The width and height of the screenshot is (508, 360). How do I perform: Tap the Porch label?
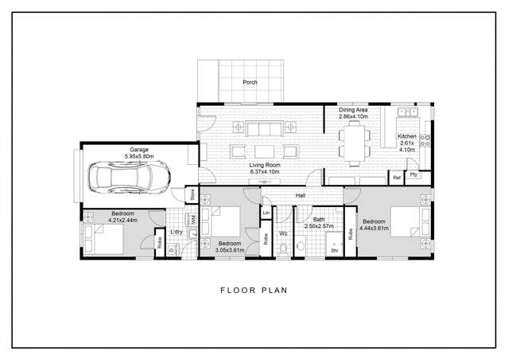(250, 82)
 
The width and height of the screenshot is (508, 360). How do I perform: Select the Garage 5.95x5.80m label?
(141, 152)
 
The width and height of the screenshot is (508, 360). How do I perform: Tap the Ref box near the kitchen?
(396, 178)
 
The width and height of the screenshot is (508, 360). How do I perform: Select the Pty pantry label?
(413, 175)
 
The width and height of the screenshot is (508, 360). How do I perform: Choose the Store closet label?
(192, 194)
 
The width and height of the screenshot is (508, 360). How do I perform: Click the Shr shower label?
(335, 249)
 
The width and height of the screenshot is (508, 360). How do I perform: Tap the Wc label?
(283, 233)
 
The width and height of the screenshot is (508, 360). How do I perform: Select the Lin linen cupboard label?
(266, 213)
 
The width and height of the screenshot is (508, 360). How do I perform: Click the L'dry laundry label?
(176, 232)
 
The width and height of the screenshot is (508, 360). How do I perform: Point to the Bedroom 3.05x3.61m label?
(229, 246)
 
